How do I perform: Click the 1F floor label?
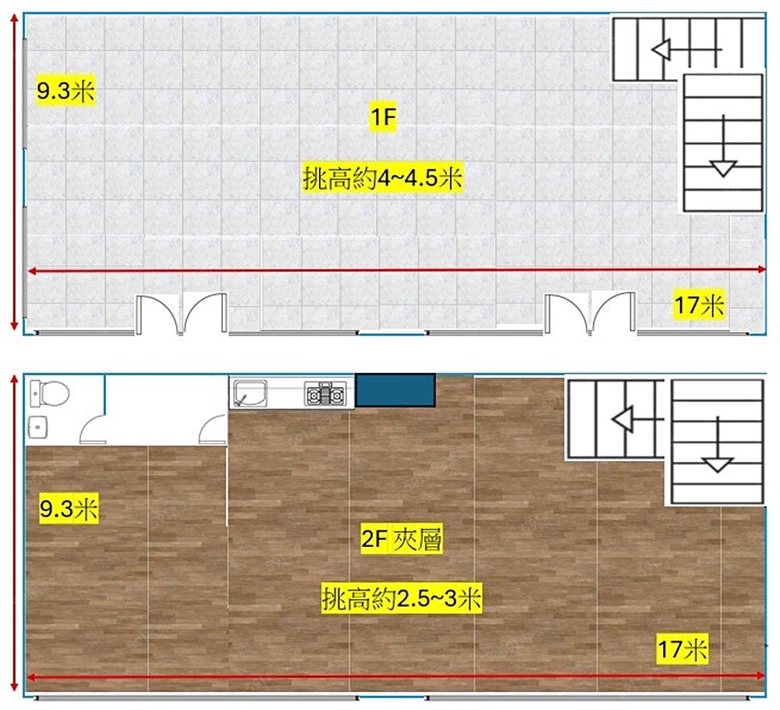383,117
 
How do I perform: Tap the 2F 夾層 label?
402,539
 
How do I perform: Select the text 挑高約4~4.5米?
382,178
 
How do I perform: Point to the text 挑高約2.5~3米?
402,598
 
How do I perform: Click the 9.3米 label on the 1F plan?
66,91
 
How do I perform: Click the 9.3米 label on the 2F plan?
69,509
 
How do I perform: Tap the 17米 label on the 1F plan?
699,304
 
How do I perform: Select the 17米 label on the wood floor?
682,649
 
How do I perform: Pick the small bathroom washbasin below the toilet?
38,428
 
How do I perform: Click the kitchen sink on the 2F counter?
250,393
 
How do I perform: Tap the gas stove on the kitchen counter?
325,393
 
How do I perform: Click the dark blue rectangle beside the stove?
395,391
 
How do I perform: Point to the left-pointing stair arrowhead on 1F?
661,49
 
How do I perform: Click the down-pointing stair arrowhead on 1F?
723,169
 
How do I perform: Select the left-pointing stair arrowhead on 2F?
622,419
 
